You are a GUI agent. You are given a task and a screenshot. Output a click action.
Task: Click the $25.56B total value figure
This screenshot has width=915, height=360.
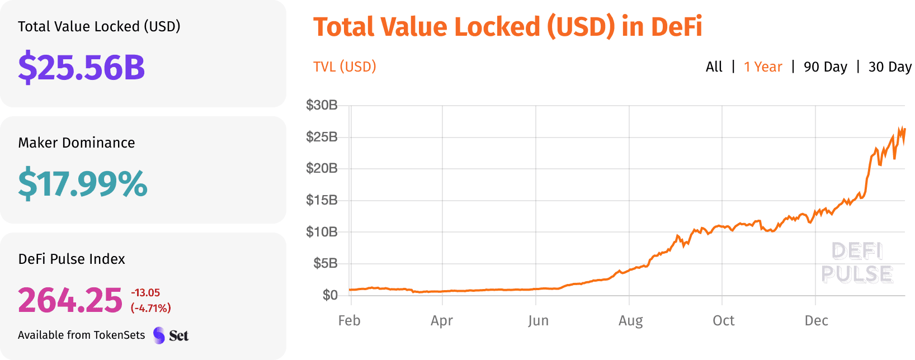point(82,67)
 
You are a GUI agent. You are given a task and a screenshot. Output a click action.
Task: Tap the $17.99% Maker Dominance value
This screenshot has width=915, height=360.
point(83,183)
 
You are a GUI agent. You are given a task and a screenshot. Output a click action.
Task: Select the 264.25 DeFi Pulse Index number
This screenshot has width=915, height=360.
point(70,300)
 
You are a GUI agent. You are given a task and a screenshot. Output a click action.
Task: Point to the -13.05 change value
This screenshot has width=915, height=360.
point(145,293)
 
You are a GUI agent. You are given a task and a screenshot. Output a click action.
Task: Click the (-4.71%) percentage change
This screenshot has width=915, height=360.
point(150,308)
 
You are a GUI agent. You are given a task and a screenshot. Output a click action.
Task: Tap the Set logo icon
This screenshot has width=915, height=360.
point(159,335)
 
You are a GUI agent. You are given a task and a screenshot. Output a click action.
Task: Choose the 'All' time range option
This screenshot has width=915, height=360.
point(714,67)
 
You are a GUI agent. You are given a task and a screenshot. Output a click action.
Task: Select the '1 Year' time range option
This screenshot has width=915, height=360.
point(763,67)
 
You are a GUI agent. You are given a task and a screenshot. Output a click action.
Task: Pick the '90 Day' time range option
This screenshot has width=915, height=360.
point(825,67)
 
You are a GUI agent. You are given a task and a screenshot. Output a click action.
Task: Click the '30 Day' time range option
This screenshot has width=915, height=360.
point(889,67)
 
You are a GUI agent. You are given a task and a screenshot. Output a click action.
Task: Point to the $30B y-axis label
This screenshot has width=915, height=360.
point(322,105)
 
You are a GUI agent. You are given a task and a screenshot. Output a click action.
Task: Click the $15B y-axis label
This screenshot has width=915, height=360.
point(322,200)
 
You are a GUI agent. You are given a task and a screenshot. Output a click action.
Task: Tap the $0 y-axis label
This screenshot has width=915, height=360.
point(330,295)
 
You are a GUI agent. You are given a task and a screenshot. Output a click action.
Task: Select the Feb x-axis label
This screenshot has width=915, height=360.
point(350,321)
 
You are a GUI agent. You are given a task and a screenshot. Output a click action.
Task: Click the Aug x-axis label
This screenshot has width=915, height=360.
point(630,321)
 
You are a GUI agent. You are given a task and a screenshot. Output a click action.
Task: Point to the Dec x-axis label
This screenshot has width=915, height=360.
point(816,321)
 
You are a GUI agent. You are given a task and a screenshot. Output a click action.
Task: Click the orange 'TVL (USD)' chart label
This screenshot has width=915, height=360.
point(345,67)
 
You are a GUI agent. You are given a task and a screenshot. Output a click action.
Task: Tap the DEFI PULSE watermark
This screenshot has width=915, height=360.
point(857,263)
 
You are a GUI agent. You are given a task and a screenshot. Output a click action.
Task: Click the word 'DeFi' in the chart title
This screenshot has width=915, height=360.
point(677,27)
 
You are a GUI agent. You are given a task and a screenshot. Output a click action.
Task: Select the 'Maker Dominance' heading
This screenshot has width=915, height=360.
point(77,143)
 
